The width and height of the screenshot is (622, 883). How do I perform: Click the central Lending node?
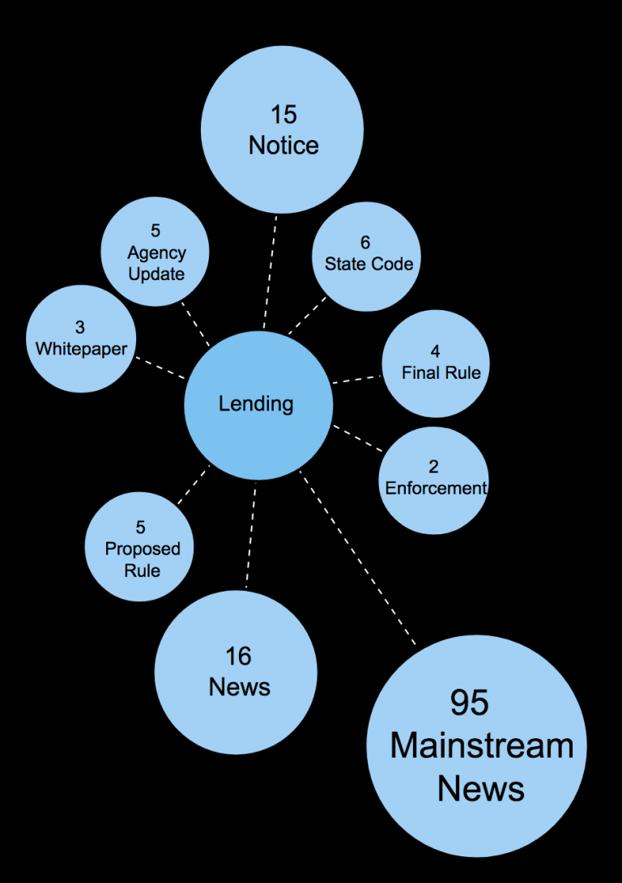tap(258, 405)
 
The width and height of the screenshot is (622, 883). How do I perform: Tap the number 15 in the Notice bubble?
tap(283, 114)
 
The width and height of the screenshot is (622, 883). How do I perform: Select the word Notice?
tap(283, 146)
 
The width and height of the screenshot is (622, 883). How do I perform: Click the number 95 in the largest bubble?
tap(470, 703)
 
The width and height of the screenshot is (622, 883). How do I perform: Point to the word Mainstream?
tap(482, 745)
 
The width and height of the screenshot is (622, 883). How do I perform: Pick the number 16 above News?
tap(239, 656)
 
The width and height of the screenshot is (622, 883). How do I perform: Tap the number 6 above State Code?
tap(365, 242)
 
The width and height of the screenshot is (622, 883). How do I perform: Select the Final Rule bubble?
tap(436, 363)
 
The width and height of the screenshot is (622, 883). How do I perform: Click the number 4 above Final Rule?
tap(436, 352)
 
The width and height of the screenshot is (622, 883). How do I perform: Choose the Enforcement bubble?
tap(434, 480)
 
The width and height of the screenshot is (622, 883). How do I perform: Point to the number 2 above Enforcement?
tap(434, 467)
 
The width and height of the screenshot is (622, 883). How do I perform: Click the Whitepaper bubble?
tap(81, 339)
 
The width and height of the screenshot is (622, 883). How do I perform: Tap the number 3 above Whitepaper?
tap(80, 328)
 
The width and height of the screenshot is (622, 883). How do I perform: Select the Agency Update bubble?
tap(155, 253)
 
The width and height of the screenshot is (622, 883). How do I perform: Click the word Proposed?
tap(143, 549)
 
